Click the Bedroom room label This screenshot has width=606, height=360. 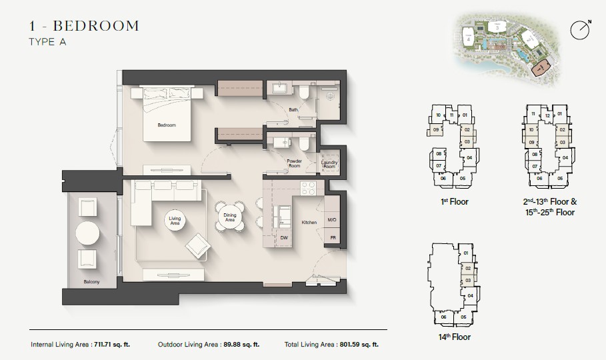tap(166, 125)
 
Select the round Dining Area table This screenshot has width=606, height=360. tap(230, 217)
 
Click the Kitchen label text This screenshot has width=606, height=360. tap(309, 222)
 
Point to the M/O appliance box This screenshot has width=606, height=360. tap(332, 219)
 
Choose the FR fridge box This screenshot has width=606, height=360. tap(332, 237)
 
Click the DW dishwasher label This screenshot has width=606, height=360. tap(283, 237)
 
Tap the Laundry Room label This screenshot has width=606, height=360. tap(329, 163)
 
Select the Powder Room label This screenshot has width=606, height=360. tap(295, 163)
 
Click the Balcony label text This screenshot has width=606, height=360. tap(92, 282)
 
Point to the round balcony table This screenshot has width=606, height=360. tap(88, 233)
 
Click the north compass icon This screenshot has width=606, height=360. tap(580, 29)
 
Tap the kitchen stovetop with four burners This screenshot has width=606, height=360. tap(309, 189)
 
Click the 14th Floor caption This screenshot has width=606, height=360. tap(454, 337)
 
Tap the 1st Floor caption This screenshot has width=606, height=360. tap(454, 201)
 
